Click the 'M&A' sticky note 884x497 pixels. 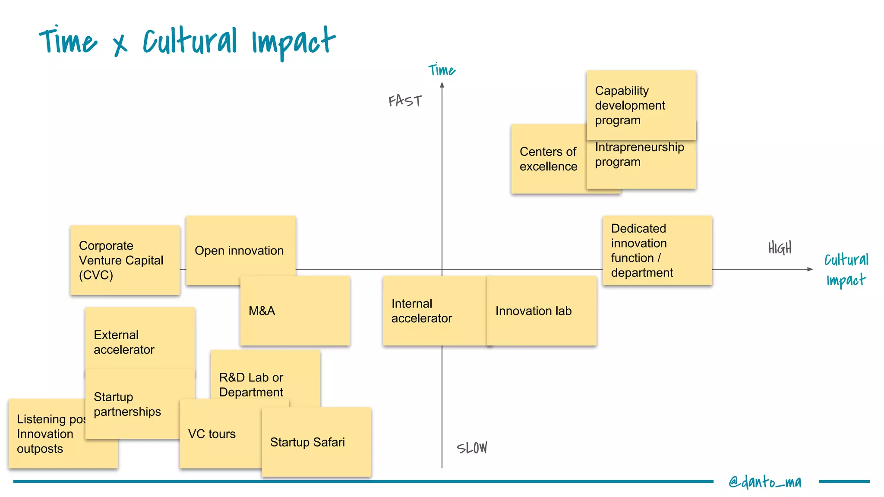[x=295, y=311]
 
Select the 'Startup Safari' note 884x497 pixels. [x=316, y=442]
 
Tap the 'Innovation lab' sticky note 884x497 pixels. [x=542, y=311]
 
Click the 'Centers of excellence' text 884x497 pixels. [x=548, y=159]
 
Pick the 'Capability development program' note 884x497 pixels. [x=641, y=105]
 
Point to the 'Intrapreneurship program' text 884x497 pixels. [x=639, y=154]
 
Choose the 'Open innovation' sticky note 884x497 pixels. [x=240, y=251]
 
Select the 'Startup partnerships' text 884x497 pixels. [x=127, y=404]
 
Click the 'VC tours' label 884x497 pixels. [x=212, y=434]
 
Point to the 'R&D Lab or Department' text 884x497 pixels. [x=251, y=384]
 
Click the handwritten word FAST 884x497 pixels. [x=405, y=101]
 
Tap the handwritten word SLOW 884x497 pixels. [x=472, y=448]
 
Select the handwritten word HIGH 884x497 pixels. [x=780, y=248]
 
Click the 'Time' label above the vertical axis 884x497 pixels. [x=442, y=70]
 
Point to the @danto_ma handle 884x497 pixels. [x=765, y=481]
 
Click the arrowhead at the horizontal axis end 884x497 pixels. [x=810, y=269]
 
